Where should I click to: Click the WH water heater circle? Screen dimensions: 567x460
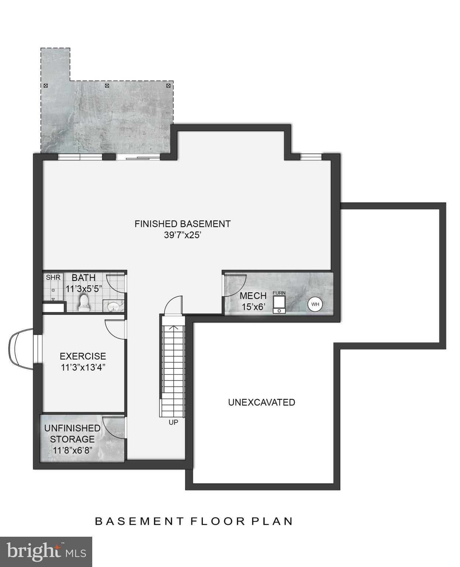point(315,305)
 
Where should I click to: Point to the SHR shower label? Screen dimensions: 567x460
point(53,277)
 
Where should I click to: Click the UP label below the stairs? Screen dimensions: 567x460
point(173,422)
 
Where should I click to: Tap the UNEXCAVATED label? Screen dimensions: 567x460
point(262,402)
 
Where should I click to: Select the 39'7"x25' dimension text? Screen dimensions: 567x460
point(182,235)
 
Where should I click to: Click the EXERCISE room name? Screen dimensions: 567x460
point(83,356)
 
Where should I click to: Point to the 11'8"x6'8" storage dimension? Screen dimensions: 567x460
point(72,451)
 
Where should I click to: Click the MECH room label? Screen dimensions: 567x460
point(253,296)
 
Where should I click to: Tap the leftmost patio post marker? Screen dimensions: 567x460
point(46,86)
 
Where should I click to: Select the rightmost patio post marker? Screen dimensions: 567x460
point(169,86)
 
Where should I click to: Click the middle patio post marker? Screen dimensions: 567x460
point(107,86)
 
